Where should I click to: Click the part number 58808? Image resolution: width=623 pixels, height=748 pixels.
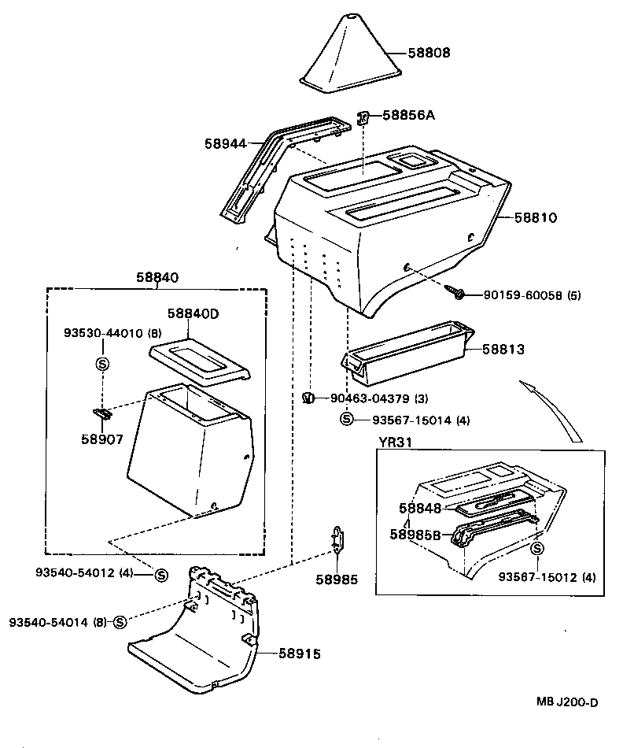click(x=429, y=54)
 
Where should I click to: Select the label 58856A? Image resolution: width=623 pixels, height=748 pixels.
click(x=408, y=115)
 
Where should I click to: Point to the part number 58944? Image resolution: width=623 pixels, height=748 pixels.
click(x=226, y=143)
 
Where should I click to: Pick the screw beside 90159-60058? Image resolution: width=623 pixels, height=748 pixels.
click(x=455, y=292)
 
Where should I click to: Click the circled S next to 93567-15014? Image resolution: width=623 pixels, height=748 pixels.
click(x=346, y=420)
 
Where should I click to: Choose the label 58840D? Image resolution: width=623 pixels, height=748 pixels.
click(x=193, y=313)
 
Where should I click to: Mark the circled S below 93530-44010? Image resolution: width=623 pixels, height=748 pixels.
click(x=102, y=364)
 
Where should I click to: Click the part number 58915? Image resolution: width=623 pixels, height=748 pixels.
click(x=300, y=654)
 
